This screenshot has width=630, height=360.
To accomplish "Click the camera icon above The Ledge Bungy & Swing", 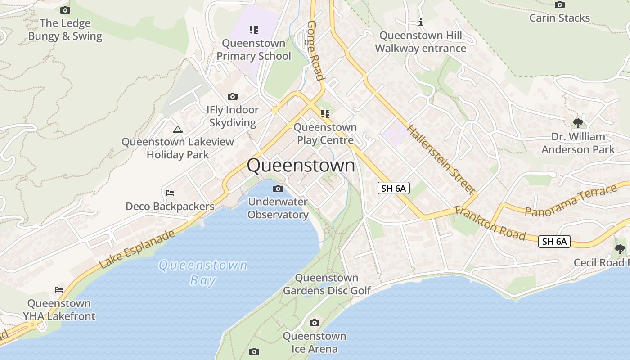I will pyautogui.click(x=65, y=10).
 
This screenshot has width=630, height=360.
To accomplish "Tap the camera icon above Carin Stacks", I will pyautogui.click(x=559, y=5).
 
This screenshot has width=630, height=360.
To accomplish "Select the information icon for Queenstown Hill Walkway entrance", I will pyautogui.click(x=421, y=22).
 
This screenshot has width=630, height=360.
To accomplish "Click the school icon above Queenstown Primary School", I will pyautogui.click(x=254, y=30).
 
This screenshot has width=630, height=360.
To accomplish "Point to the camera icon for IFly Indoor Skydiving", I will pyautogui.click(x=233, y=96).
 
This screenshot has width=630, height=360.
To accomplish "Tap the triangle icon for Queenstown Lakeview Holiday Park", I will pyautogui.click(x=178, y=130).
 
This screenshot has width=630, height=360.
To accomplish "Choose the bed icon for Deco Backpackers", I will pyautogui.click(x=170, y=193).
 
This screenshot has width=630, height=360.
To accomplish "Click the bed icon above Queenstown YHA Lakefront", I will pyautogui.click(x=59, y=289).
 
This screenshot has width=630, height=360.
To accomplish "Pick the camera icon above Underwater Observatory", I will pyautogui.click(x=278, y=189).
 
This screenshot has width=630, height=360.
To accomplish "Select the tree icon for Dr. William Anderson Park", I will pyautogui.click(x=578, y=123).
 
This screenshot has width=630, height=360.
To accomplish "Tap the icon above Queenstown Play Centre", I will pyautogui.click(x=325, y=114).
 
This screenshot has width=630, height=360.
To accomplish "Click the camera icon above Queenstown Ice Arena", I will pyautogui.click(x=315, y=323).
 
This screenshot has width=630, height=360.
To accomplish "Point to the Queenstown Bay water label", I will pyautogui.click(x=203, y=273).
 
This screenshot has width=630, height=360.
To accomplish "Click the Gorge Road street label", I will pyautogui.click(x=315, y=50).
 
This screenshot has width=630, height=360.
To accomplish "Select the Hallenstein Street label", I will pyautogui.click(x=441, y=159).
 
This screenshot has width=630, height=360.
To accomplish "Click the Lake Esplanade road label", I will pyautogui.click(x=137, y=250).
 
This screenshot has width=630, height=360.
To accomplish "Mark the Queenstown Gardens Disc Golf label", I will pyautogui.click(x=327, y=284).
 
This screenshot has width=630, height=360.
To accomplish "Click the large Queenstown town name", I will pyautogui.click(x=301, y=166).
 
